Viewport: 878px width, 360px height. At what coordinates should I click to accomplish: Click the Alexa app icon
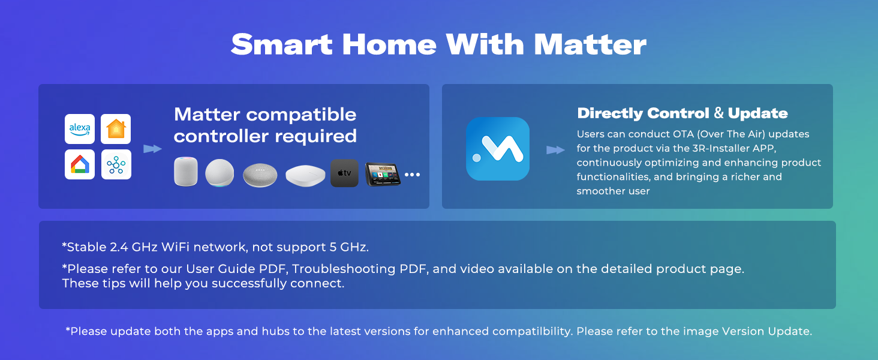[80, 129]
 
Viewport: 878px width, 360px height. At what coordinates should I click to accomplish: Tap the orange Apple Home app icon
[116, 129]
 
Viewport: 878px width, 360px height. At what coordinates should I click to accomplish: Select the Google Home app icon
[80, 164]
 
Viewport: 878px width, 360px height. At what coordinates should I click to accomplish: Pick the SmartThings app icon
[116, 164]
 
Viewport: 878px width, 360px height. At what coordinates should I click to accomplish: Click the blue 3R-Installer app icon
[497, 149]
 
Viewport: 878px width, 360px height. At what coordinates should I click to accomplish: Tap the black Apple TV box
[344, 173]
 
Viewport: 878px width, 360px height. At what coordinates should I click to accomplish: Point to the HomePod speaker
[186, 172]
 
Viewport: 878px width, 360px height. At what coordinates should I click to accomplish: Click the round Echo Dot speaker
[220, 173]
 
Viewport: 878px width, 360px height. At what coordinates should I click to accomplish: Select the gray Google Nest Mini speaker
[260, 175]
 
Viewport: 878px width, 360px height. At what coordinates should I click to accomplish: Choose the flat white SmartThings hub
[305, 176]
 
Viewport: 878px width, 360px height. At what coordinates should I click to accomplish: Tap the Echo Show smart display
[383, 174]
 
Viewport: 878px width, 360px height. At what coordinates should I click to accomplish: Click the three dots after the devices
[412, 175]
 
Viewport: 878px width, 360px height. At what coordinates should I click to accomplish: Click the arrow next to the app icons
[152, 149]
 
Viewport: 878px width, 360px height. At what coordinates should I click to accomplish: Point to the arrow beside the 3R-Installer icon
[555, 150]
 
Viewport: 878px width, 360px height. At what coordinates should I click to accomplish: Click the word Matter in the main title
[590, 44]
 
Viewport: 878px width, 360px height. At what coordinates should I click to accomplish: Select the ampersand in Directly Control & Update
[718, 113]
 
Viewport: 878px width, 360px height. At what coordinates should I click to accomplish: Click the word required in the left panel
[316, 136]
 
